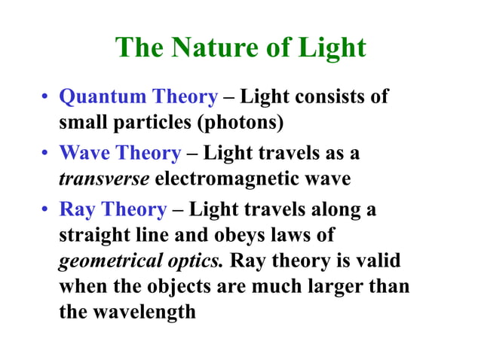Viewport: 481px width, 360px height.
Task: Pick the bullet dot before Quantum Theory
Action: point(45,98)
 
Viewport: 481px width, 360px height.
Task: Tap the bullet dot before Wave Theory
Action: point(45,154)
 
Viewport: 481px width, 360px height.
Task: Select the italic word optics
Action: point(195,261)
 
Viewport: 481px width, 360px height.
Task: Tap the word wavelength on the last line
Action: point(146,311)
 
